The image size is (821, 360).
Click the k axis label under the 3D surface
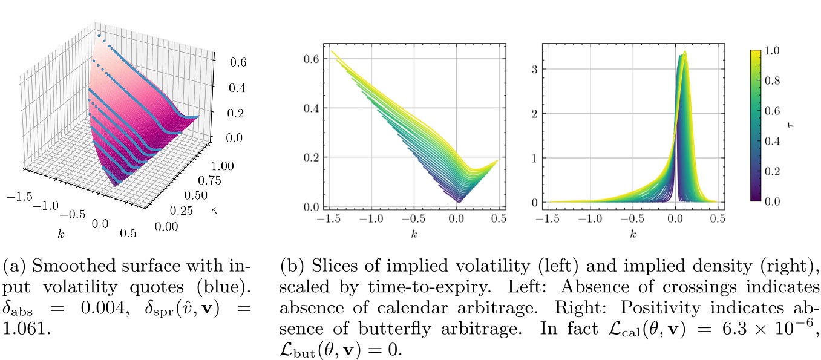pyautogui.click(x=61, y=232)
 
